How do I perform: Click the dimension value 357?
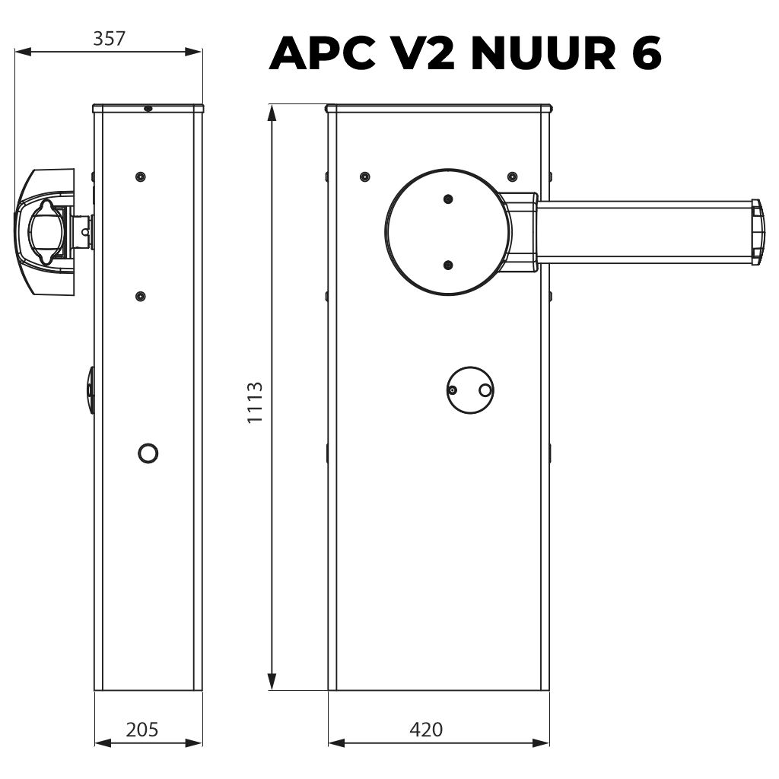tap(109, 39)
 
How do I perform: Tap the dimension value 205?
tap(141, 730)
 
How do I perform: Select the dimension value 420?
tap(426, 730)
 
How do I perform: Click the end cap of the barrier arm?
tap(756, 232)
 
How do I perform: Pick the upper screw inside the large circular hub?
tap(448, 199)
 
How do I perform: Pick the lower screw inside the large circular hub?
tap(448, 265)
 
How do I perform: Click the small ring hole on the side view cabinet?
tap(148, 453)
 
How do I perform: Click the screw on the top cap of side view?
tap(148, 109)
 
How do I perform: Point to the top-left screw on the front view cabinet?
tap(365, 176)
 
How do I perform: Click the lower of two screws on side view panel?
tap(139, 295)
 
